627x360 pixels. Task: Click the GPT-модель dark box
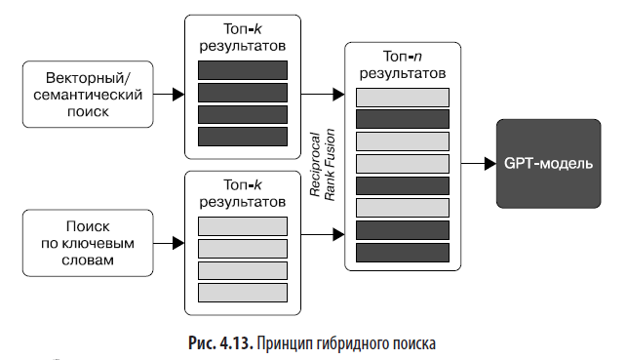pyautogui.click(x=547, y=163)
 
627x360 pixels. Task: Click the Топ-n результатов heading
pyautogui.click(x=402, y=64)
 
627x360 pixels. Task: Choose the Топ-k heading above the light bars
pyautogui.click(x=242, y=192)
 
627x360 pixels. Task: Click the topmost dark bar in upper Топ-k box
pyautogui.click(x=242, y=69)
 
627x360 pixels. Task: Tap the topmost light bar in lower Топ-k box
pyautogui.click(x=242, y=225)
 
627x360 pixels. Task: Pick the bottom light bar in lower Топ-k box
pyautogui.click(x=242, y=292)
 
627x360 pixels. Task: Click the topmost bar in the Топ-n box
pyautogui.click(x=402, y=97)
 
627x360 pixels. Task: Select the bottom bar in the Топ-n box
pyautogui.click(x=402, y=253)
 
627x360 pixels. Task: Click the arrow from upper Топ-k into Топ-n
pyautogui.click(x=325, y=95)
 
